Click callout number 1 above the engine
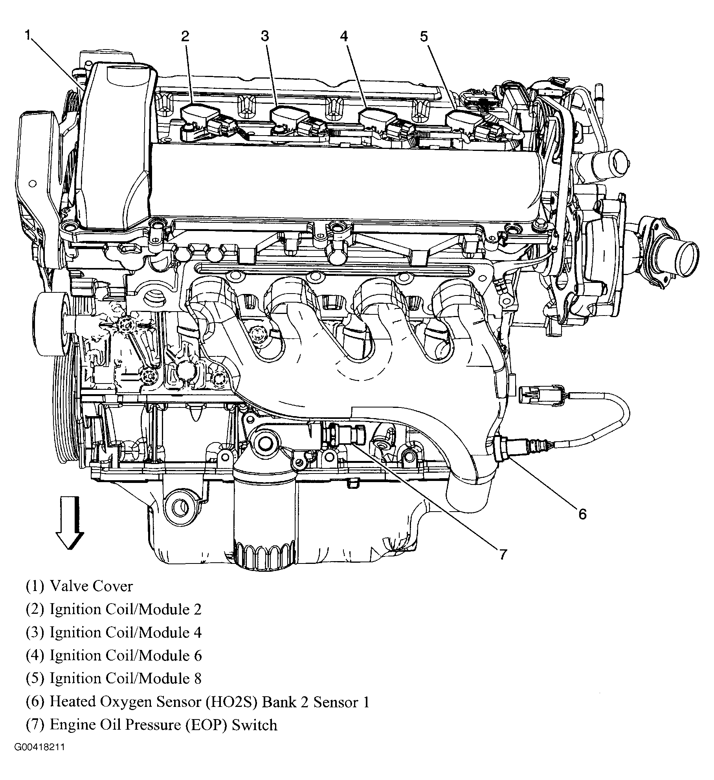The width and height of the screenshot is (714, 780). coord(27,35)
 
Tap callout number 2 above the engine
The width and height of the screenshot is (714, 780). coord(185,37)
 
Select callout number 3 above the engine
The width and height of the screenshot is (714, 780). coord(265,37)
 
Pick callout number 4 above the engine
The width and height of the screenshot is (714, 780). coord(344,37)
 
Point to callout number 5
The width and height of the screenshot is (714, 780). coord(424,37)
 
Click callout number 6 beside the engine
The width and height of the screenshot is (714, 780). coord(582,514)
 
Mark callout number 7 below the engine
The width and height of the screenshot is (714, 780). coord(503,554)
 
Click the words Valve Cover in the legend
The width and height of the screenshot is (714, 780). coord(91,586)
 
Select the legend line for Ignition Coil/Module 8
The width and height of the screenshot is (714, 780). coord(114,678)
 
